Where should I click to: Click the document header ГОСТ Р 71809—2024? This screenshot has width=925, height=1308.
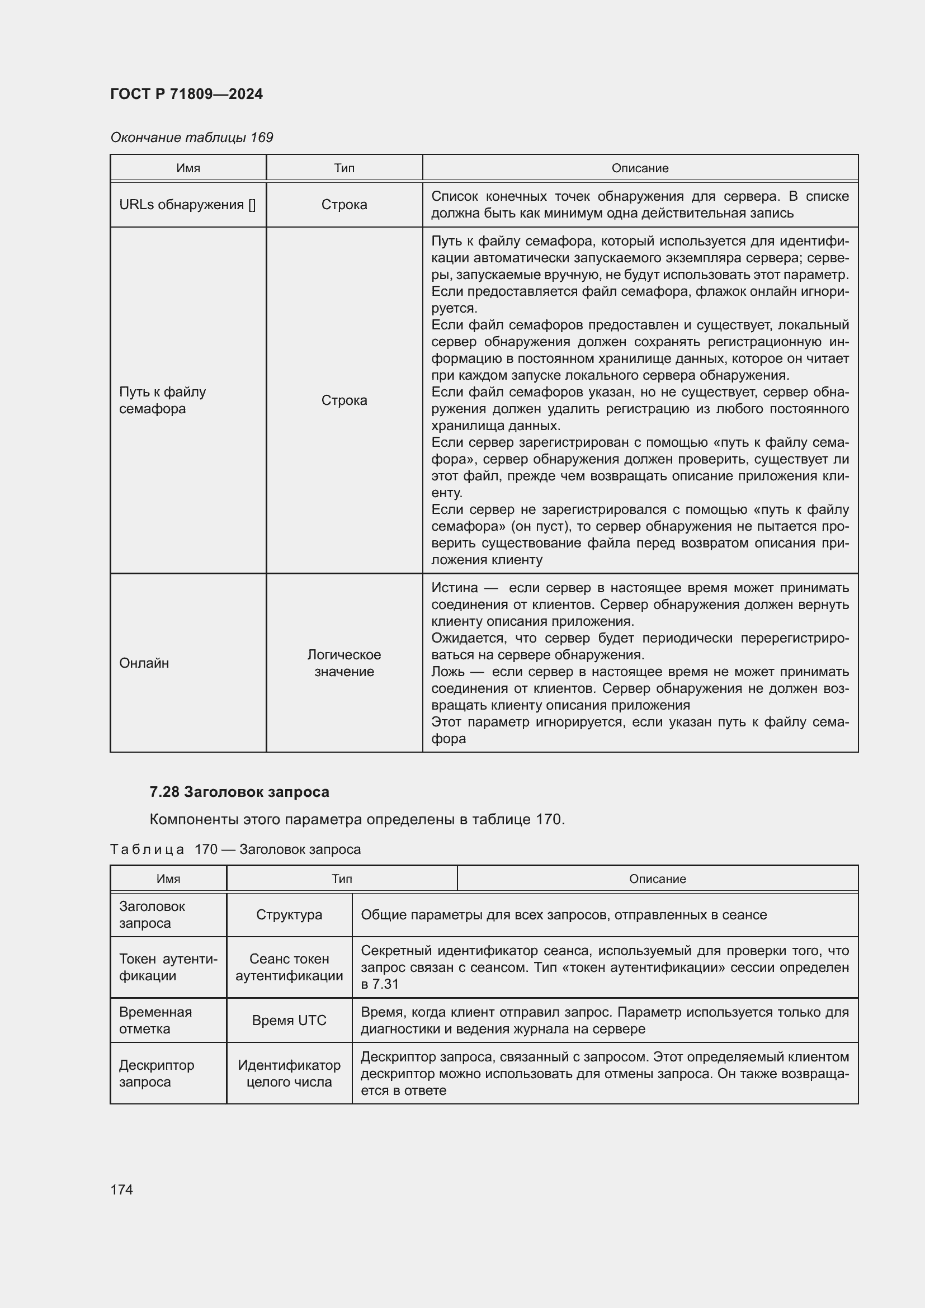(186, 94)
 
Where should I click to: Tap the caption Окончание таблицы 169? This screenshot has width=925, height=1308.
(191, 138)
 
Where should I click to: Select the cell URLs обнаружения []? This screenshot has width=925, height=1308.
(187, 205)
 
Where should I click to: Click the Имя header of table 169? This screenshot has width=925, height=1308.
(188, 168)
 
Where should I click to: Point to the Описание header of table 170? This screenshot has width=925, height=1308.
(657, 879)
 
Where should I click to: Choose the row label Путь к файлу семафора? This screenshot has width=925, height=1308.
(162, 400)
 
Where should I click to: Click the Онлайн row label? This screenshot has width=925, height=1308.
(144, 663)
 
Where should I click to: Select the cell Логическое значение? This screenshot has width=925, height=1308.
(344, 663)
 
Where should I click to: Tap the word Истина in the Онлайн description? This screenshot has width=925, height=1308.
(454, 588)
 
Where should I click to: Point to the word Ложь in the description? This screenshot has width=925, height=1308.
(448, 672)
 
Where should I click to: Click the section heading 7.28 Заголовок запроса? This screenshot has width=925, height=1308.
(239, 792)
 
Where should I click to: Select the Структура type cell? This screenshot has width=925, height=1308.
(289, 915)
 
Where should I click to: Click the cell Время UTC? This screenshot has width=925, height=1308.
(289, 1021)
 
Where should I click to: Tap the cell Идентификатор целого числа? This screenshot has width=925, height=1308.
(289, 1073)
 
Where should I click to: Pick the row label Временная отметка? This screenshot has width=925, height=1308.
(155, 1021)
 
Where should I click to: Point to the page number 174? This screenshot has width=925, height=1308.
(121, 1189)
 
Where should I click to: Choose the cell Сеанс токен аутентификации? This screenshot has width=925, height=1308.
(289, 967)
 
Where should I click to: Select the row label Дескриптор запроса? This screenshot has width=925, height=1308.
(156, 1073)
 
